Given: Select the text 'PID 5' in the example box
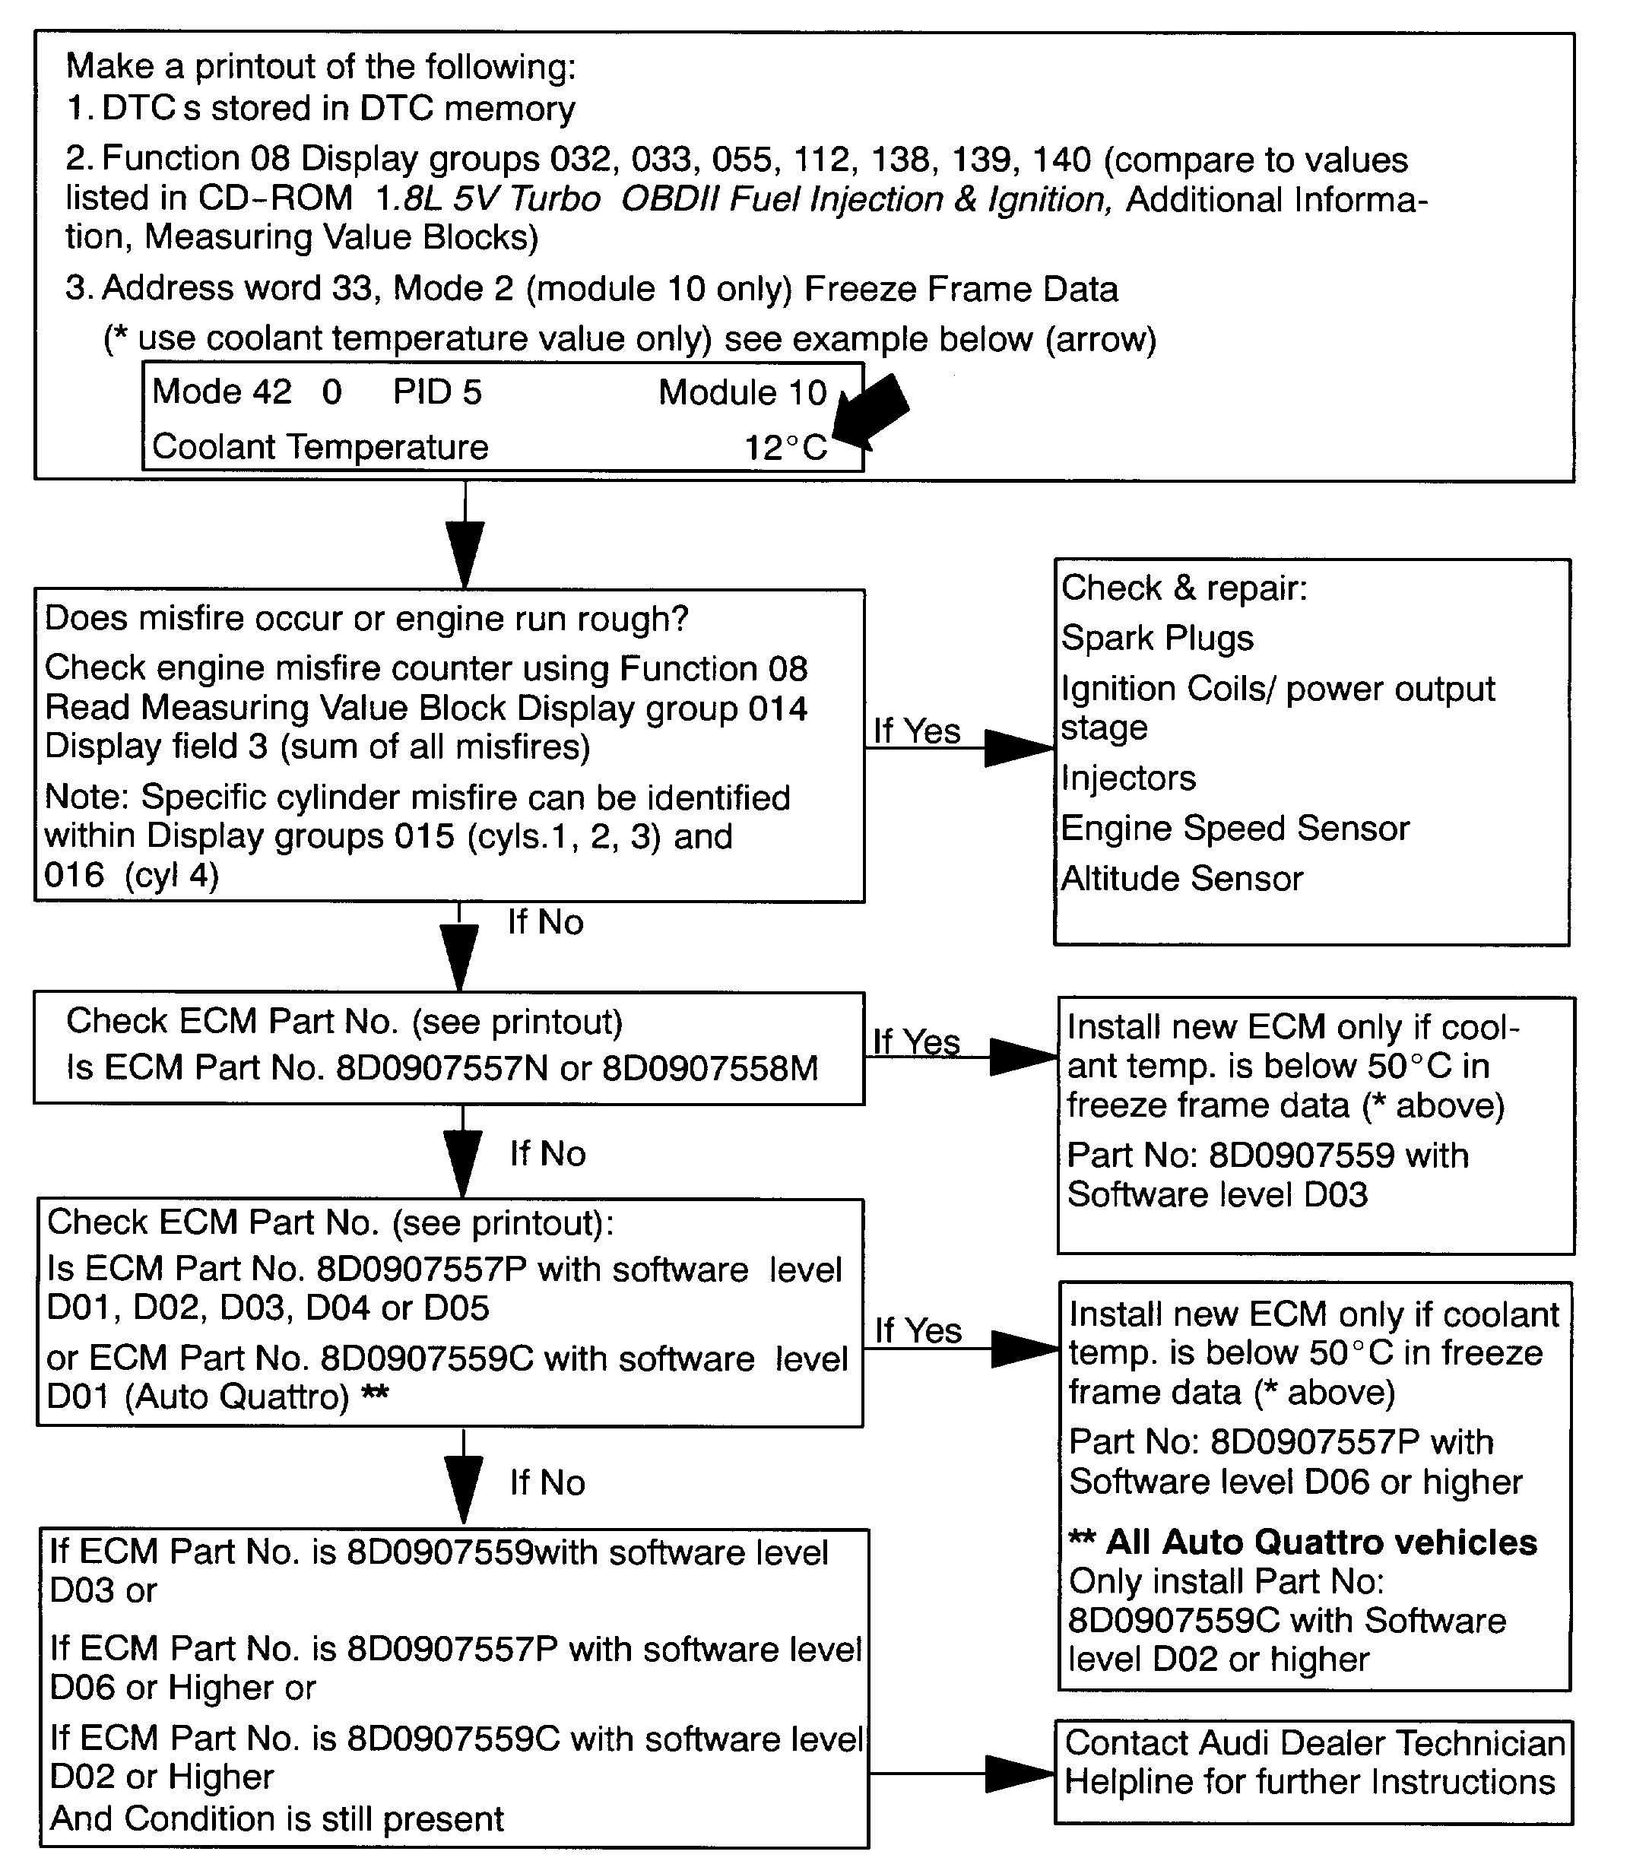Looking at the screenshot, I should [x=436, y=392].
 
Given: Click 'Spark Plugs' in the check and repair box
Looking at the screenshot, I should [x=1157, y=639].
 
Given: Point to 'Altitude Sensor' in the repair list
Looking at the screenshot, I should [x=1181, y=879].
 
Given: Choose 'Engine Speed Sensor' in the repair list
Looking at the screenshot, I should [x=1235, y=829].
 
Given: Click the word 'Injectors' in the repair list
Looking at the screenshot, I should [x=1128, y=778].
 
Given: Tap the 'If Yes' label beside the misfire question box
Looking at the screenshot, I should [x=917, y=731].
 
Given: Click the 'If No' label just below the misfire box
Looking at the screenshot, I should [x=545, y=922].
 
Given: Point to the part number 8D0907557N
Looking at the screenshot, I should [x=442, y=1069].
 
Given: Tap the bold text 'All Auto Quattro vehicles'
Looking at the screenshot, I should [x=1321, y=1542].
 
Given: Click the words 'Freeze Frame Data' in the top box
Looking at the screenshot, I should [x=962, y=289].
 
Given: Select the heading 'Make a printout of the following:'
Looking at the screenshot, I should [x=321, y=66].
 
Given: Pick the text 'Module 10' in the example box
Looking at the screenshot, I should [x=742, y=393].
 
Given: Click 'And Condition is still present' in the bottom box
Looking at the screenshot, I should [x=277, y=1819].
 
